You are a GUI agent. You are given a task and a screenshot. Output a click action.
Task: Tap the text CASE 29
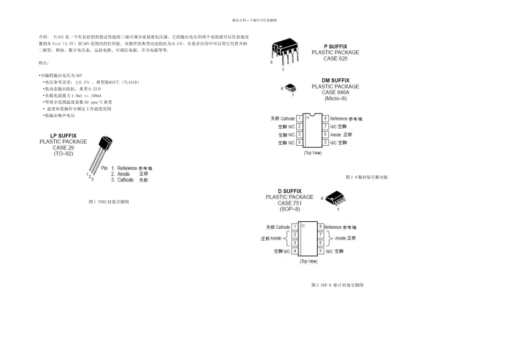click(63, 148)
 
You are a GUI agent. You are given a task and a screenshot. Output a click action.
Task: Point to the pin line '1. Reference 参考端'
click(131, 168)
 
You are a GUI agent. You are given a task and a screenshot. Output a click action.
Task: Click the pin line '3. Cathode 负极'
click(129, 180)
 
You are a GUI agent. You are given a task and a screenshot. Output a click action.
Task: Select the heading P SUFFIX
click(335, 47)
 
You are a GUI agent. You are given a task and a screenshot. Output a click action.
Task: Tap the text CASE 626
click(335, 58)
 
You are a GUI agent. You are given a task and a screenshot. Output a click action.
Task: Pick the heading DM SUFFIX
click(335, 80)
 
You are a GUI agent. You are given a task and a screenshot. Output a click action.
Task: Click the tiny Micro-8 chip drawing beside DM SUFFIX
click(289, 87)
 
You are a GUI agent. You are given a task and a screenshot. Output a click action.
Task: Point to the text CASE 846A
click(335, 92)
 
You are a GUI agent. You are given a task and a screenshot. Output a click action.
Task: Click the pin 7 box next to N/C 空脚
click(325, 126)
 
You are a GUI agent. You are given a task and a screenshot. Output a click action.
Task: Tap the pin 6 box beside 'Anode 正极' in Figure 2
click(325, 134)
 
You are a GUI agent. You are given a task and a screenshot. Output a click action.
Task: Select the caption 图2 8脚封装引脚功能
click(366, 177)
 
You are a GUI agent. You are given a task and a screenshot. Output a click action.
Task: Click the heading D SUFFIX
click(289, 191)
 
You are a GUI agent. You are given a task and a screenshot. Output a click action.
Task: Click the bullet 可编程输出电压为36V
click(61, 76)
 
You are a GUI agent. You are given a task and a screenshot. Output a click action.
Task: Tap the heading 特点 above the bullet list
click(44, 63)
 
